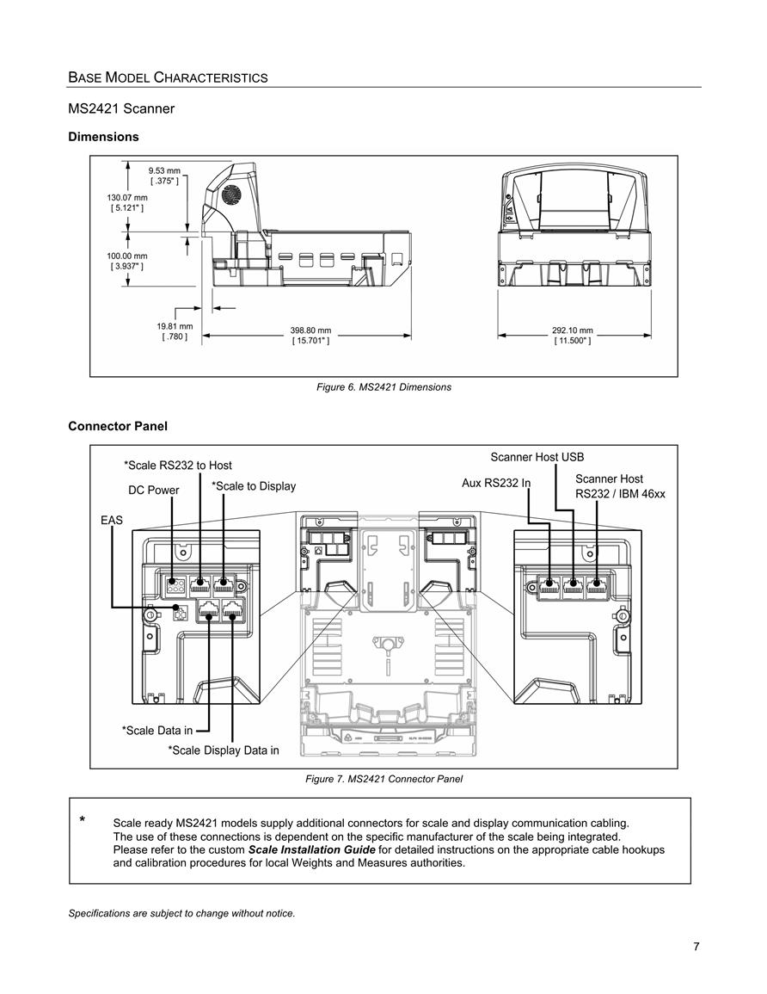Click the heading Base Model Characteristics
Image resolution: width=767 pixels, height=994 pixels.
coord(168,78)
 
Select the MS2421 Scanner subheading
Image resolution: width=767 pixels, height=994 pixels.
coord(121,108)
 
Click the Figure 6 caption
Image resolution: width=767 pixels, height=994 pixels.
coord(383,387)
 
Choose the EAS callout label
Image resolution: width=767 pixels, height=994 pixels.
coord(112,521)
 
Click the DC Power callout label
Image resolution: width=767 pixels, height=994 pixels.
coord(153,490)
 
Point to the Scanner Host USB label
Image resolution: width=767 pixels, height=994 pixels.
coord(537,457)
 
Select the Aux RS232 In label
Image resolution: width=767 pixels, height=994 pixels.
coord(496,483)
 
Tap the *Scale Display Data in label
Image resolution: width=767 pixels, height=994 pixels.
coord(224,750)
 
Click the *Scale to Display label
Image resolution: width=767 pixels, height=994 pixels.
coord(254,486)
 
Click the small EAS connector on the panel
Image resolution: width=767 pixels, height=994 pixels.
coord(181,613)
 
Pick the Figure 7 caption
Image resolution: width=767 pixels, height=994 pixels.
coord(383,779)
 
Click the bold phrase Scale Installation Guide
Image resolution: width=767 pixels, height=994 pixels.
coord(311,849)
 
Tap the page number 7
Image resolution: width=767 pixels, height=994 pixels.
coord(696,947)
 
